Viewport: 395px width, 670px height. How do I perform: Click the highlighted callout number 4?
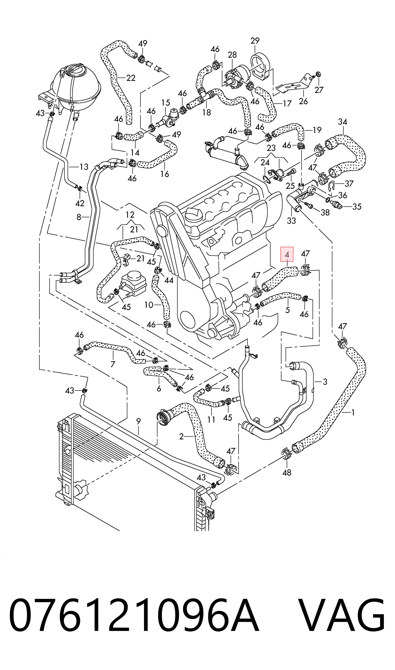[x=287, y=254]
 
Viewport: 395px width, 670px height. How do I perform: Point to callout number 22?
[x=131, y=78]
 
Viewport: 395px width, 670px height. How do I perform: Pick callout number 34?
[x=343, y=122]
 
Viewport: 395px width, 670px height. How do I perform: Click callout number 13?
[x=84, y=167]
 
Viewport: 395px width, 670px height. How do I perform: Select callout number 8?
[x=79, y=217]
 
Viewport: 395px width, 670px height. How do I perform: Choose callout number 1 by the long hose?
[x=353, y=413]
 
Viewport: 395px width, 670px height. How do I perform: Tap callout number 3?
[x=325, y=382]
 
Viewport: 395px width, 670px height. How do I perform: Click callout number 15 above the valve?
[x=166, y=102]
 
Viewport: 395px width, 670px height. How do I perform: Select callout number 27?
[x=319, y=90]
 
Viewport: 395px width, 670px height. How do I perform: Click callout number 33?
[x=291, y=220]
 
